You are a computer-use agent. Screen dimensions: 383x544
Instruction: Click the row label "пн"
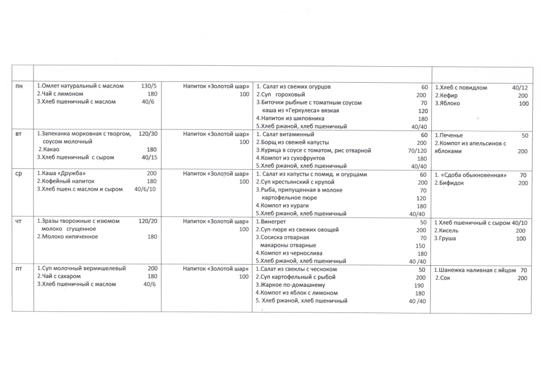coord(20,86)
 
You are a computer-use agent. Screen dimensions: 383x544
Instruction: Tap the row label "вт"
coord(19,135)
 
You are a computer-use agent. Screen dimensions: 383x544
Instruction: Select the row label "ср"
coord(19,174)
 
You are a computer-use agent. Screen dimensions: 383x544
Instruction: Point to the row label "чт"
coord(19,221)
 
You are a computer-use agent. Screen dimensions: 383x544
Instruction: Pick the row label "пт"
coord(19,269)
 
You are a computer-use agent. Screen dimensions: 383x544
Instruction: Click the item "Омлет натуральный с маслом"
coord(82,86)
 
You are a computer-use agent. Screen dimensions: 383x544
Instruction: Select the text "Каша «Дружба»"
coord(63,174)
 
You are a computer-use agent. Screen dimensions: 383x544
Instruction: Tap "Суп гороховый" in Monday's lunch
coord(282,95)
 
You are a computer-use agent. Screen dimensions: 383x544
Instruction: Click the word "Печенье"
coord(450,135)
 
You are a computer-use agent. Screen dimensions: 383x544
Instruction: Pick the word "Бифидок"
coord(449,183)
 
